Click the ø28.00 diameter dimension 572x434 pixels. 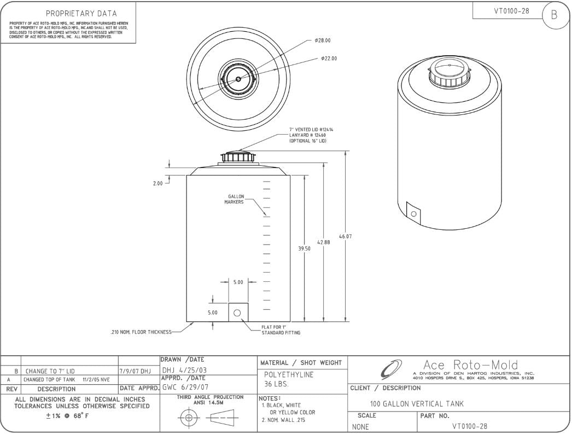tap(323, 40)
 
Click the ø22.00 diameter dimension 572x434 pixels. tap(329, 59)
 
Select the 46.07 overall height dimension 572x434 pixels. tap(345, 236)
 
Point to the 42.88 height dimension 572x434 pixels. tap(324, 241)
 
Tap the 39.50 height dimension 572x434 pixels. tap(305, 248)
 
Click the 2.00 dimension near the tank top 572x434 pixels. tap(157, 183)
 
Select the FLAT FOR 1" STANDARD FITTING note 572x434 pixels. tap(281, 329)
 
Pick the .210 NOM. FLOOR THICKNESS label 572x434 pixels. tap(141, 332)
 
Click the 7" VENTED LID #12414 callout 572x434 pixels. tap(311, 130)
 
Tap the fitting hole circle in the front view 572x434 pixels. tap(237, 313)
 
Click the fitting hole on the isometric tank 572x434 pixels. tap(413, 214)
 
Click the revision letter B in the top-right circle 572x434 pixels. tap(553, 15)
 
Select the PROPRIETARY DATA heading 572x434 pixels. tap(81, 13)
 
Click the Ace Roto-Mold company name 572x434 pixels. tap(471, 364)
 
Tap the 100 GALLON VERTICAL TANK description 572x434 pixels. tap(417, 404)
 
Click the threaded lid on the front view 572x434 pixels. tap(238, 157)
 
